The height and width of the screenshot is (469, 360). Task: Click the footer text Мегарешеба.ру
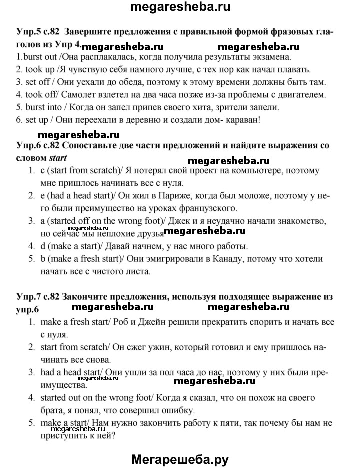(179, 458)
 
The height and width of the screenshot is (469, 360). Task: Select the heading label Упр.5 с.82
(37, 32)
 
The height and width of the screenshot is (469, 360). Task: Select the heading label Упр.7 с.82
(37, 297)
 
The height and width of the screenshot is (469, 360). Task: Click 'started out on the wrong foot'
(94, 398)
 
